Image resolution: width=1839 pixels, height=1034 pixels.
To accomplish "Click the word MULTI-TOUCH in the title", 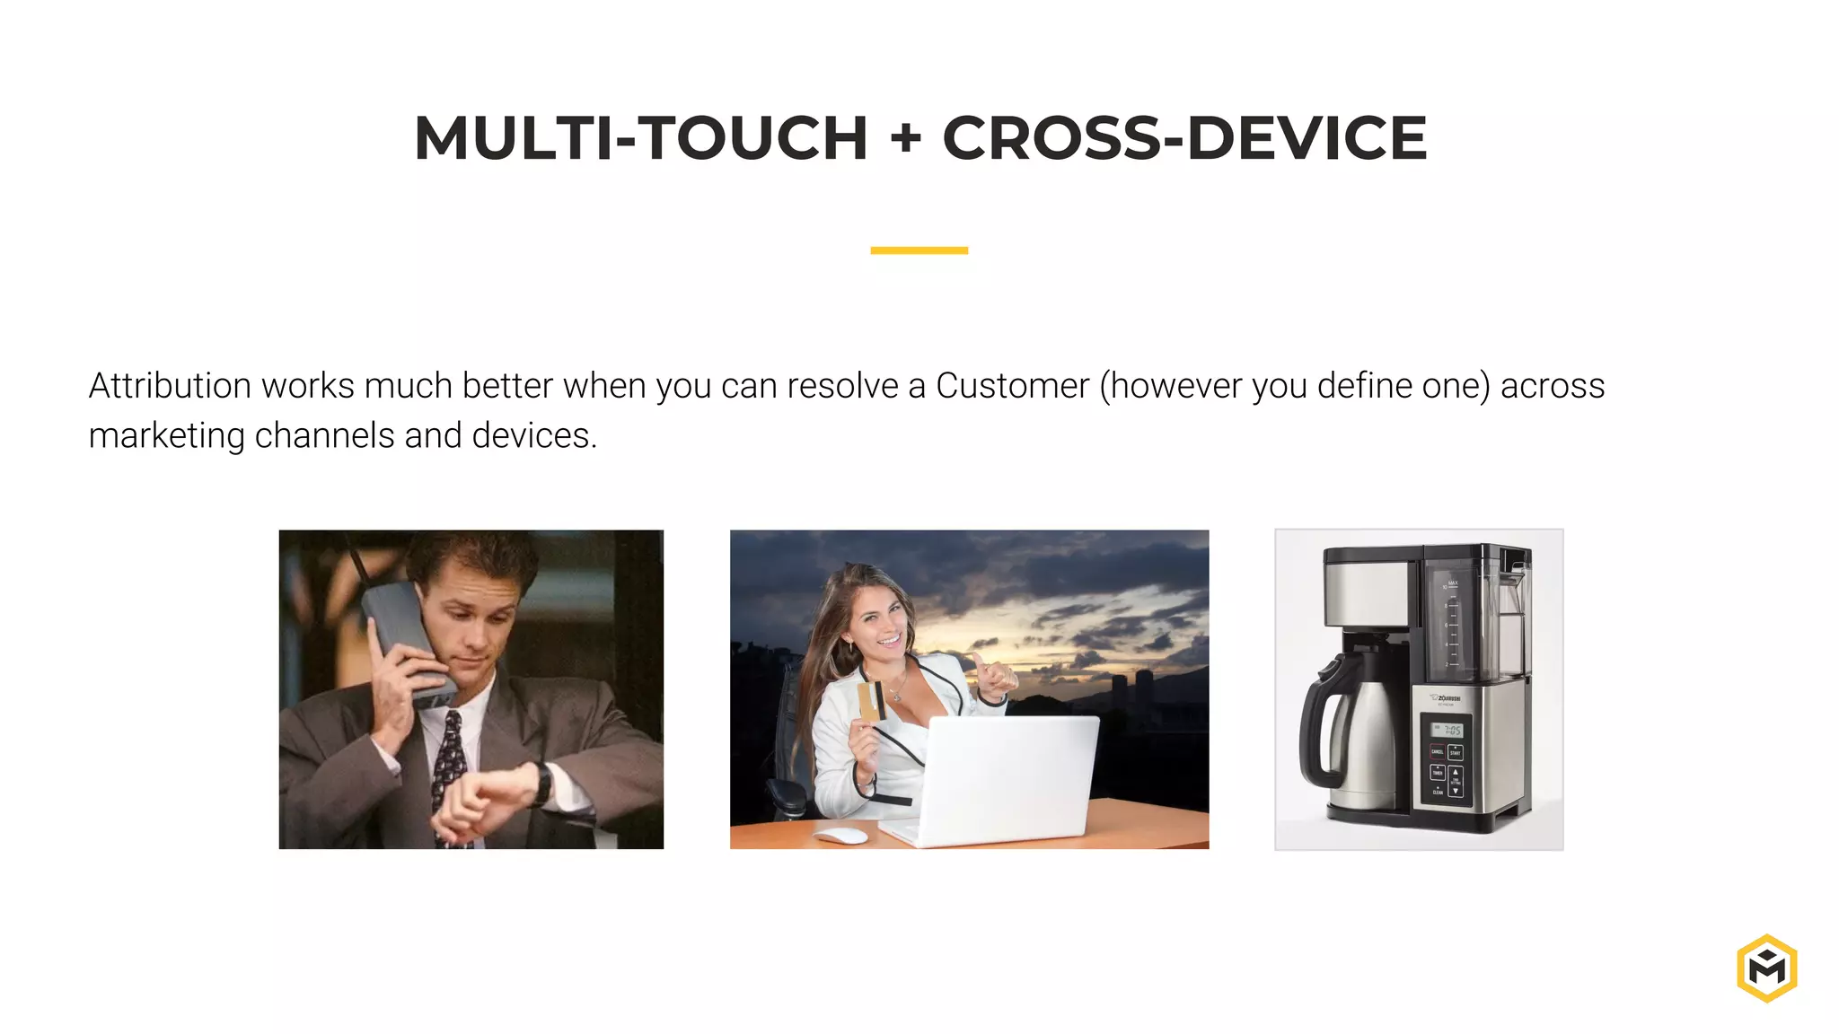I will (x=640, y=138).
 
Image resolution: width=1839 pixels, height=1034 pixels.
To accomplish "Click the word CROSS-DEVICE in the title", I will (x=1183, y=138).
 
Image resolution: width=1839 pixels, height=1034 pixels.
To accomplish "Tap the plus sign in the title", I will (x=905, y=139).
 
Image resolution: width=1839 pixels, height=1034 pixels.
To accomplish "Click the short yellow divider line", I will (x=919, y=250).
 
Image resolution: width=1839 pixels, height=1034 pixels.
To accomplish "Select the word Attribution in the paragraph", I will (x=170, y=386).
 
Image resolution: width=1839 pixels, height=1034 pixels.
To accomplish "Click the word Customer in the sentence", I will (x=1012, y=386).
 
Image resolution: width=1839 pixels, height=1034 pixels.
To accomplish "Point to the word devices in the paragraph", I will (x=533, y=436).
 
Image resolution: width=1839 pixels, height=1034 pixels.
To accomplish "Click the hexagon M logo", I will (x=1766, y=968).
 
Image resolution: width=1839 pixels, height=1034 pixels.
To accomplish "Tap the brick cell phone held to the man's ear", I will (x=406, y=642).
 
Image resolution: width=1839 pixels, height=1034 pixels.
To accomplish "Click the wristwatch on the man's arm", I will (x=542, y=783).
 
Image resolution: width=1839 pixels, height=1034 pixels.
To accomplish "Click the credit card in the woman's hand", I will (x=870, y=701).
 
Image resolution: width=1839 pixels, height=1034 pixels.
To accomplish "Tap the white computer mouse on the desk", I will (x=841, y=836).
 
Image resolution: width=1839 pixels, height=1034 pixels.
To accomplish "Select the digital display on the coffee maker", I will (x=1447, y=730).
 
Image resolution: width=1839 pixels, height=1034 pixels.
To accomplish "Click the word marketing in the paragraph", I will (x=167, y=436).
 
